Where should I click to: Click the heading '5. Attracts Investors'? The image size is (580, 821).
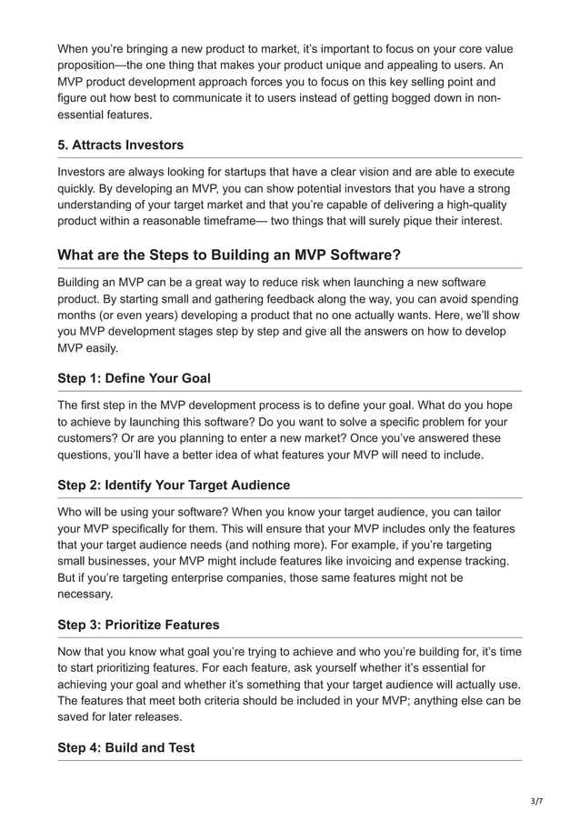120,145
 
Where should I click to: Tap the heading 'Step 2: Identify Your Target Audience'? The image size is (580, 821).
174,485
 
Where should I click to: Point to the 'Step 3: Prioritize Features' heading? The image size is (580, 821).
139,625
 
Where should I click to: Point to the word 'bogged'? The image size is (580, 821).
405,98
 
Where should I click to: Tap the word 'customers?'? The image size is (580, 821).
91,438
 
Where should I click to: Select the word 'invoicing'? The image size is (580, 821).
396,561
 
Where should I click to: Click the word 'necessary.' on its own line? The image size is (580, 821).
86,595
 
